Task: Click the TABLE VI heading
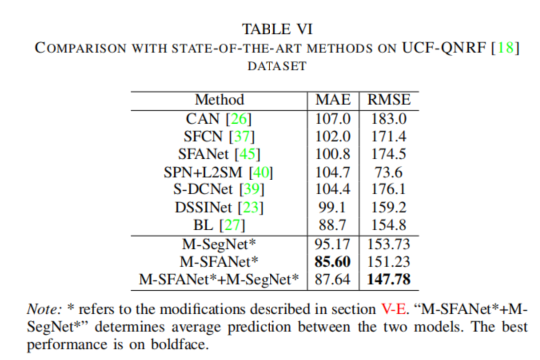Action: (x=270, y=29)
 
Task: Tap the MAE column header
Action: (x=332, y=100)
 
